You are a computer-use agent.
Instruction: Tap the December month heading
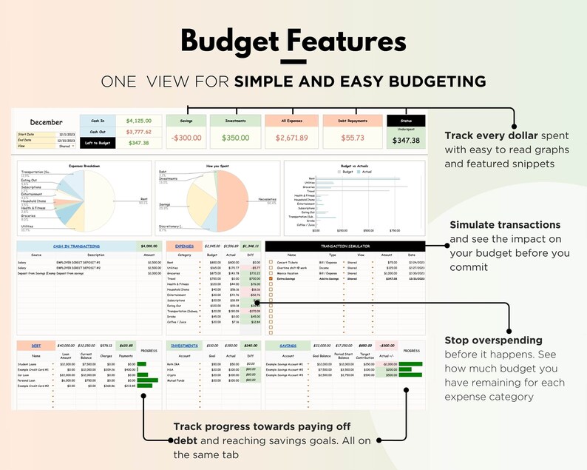(46, 121)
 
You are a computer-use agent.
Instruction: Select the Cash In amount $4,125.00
(138, 120)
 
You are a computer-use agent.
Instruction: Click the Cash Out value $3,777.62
(138, 132)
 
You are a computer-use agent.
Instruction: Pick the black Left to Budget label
(98, 143)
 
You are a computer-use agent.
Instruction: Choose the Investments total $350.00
(235, 138)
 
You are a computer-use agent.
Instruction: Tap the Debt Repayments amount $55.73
(352, 138)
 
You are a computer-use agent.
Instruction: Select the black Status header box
(406, 121)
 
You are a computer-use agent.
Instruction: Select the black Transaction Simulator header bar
(345, 245)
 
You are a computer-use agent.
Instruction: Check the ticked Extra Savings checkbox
(271, 278)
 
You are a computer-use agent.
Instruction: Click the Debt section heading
(36, 345)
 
